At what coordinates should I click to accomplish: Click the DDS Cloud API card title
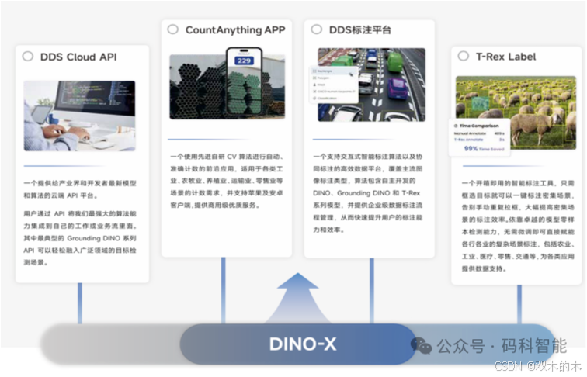[78, 57]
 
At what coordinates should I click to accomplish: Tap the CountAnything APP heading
[234, 30]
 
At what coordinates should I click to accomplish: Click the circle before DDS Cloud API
[28, 57]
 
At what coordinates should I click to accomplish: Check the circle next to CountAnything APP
[172, 29]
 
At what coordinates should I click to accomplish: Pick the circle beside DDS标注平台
[315, 29]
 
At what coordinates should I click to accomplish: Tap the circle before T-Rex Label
[463, 56]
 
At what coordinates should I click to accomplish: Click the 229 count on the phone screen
[244, 61]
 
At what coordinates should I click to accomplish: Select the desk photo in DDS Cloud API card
[78, 115]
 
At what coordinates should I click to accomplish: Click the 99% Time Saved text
[481, 147]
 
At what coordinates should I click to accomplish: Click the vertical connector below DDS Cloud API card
[79, 303]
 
